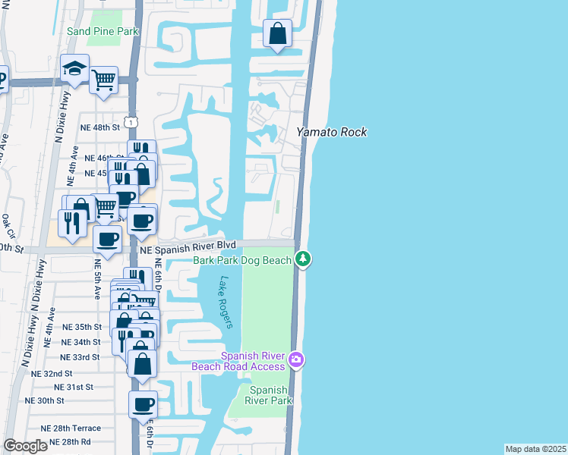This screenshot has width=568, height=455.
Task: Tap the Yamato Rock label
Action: click(x=331, y=132)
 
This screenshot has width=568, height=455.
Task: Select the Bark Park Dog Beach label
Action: click(x=242, y=260)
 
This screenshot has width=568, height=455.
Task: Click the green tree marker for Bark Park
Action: click(x=304, y=259)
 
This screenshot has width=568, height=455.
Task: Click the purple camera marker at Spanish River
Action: click(x=296, y=359)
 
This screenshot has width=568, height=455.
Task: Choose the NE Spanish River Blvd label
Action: click(x=188, y=246)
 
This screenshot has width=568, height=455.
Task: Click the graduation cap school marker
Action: click(x=75, y=69)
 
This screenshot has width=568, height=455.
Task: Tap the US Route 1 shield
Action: click(x=132, y=122)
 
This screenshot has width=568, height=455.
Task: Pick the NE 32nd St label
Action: click(x=52, y=374)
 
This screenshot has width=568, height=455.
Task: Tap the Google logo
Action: click(x=25, y=446)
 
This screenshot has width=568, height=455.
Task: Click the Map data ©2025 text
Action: click(x=535, y=449)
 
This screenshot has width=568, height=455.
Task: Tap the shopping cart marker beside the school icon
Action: click(x=103, y=79)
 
